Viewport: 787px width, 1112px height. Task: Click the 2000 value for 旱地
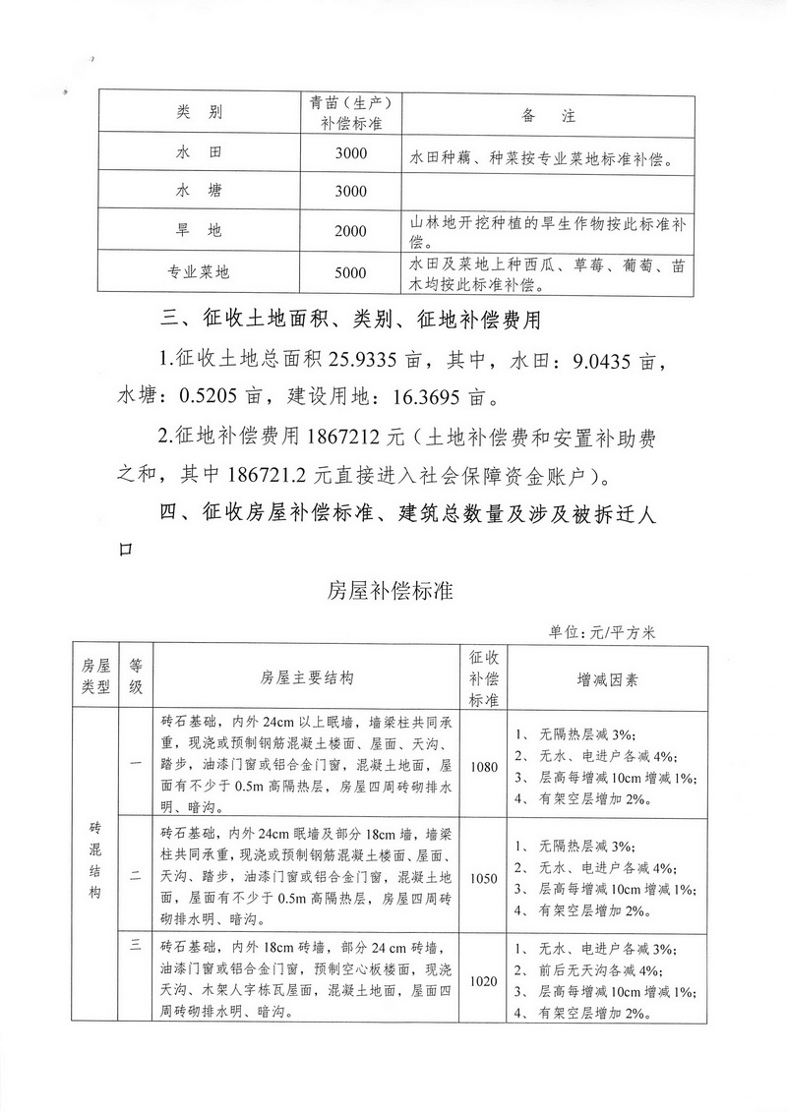(x=350, y=231)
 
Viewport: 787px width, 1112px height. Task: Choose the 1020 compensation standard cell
(x=485, y=980)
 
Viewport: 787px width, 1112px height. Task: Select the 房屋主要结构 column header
(x=307, y=678)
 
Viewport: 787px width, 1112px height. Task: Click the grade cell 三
(x=136, y=947)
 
